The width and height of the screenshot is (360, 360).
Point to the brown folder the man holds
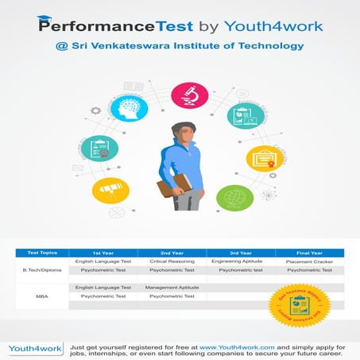click(172, 188)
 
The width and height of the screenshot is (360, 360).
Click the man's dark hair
click(184, 130)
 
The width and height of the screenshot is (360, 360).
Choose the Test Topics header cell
click(42, 252)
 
